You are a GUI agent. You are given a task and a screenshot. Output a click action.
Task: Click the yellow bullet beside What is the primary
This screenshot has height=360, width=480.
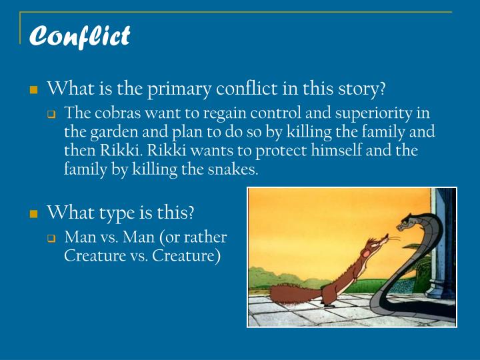click(x=33, y=89)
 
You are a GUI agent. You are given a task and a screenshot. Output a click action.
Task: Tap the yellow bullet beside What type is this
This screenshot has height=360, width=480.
click(x=33, y=214)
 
